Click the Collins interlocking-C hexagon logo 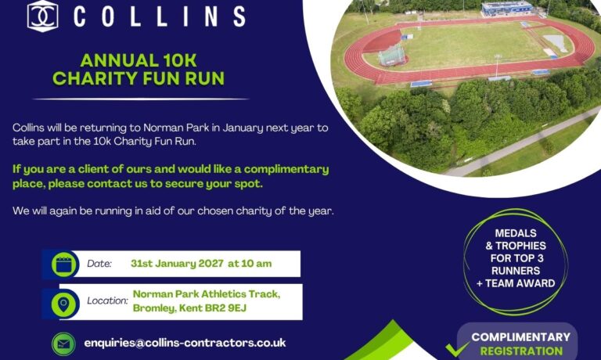tap(42, 16)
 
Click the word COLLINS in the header tap(160, 17)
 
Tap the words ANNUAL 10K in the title tap(139, 60)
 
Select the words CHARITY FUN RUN tap(139, 78)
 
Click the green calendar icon tap(63, 265)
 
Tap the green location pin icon tap(63, 304)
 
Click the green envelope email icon tap(63, 344)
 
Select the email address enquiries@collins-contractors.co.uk tap(185, 343)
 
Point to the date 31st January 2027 tap(177, 264)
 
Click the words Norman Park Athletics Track tap(207, 294)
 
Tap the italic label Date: tap(99, 264)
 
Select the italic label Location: tap(107, 301)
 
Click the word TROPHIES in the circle tap(520, 246)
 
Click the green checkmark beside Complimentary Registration tap(457, 348)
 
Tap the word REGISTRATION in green tap(521, 351)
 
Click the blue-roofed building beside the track tap(507, 9)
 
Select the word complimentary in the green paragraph tap(286, 170)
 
